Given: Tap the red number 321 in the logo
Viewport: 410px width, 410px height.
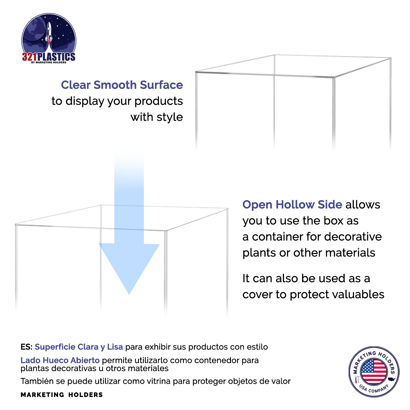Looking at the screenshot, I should tap(29, 57).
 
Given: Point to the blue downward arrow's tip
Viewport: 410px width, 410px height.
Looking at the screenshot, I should tap(129, 293).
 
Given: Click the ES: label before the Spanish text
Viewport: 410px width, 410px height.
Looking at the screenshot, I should tap(26, 347).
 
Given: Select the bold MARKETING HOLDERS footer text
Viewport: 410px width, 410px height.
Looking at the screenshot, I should tap(61, 395).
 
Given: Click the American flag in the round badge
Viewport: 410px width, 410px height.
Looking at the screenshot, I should tap(373, 372).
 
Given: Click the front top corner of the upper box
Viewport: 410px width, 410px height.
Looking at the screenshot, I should tap(334, 77).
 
